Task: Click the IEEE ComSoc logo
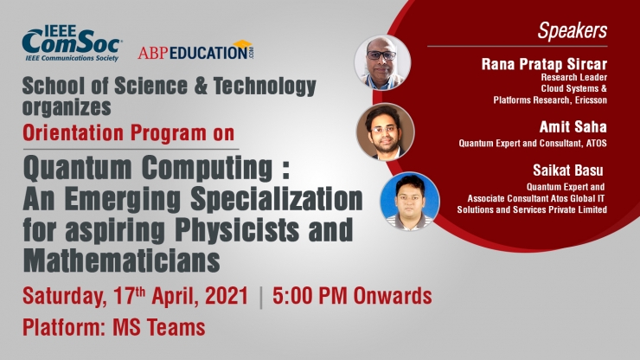coord(72,44)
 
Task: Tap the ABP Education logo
coord(195,51)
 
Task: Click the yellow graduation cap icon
coord(242,44)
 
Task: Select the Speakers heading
coord(573,30)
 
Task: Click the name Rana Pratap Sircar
coord(544,64)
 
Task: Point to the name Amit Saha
coord(573,126)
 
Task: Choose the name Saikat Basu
coord(567,170)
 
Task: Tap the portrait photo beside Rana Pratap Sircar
coord(382,62)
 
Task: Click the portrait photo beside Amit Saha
coord(385,132)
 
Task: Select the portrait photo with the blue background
coord(410,201)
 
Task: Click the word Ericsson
coord(591,100)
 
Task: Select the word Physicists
coord(237,229)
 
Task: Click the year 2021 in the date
coord(227,295)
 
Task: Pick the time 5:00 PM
coord(310,295)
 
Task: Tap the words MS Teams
coord(159,328)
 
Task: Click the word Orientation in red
coord(73,133)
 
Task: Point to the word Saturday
coord(65,296)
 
